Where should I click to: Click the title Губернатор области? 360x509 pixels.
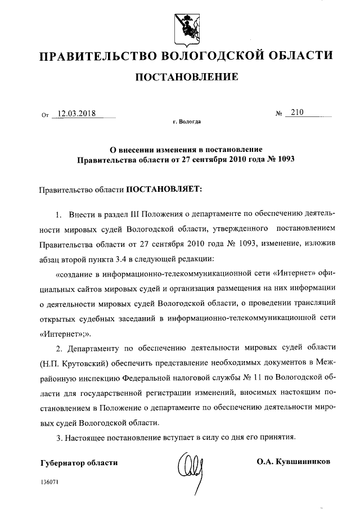pos(79,462)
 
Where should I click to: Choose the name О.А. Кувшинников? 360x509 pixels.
pos(293,462)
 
